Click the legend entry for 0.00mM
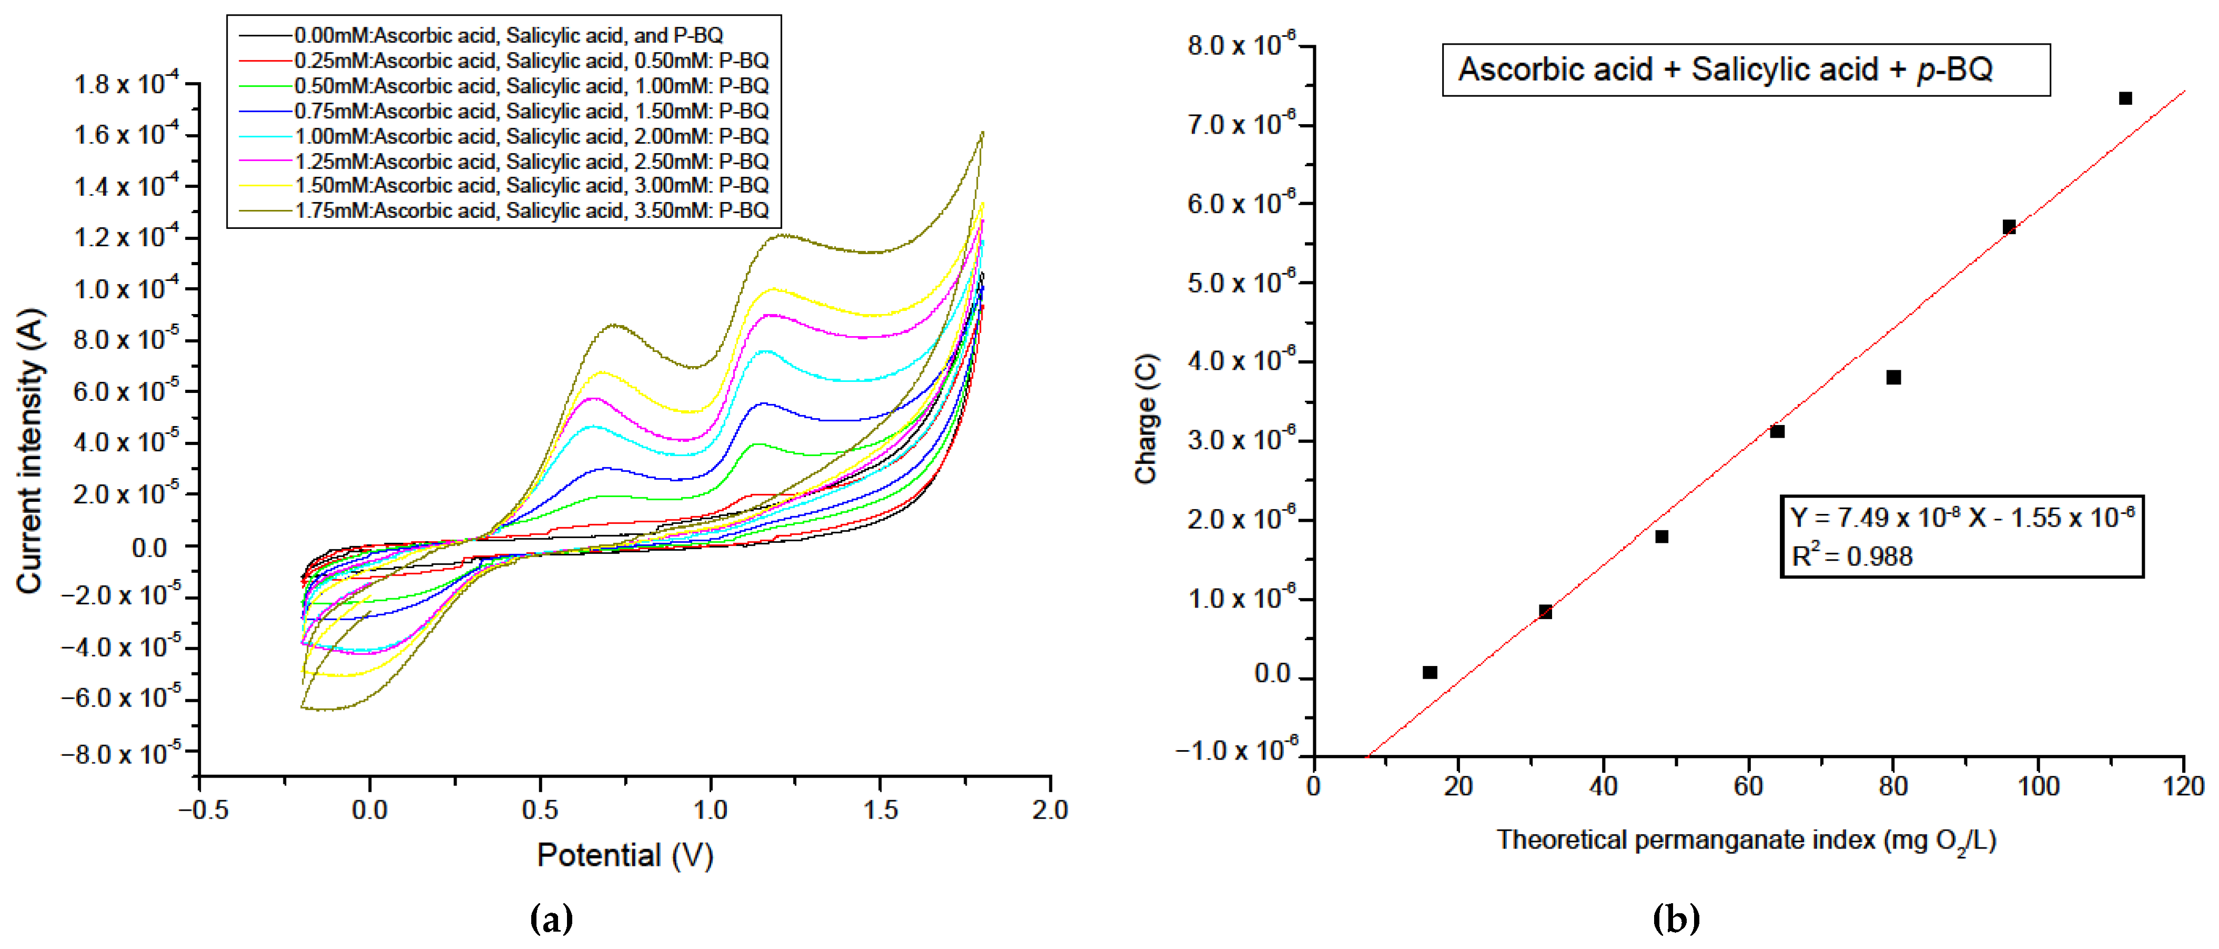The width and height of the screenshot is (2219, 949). [x=481, y=35]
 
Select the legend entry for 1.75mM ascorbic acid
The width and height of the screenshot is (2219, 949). [x=504, y=210]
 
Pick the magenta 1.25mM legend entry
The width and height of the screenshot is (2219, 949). [x=504, y=161]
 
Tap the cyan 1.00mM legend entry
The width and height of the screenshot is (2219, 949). [x=504, y=136]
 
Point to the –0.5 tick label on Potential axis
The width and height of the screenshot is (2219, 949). [x=204, y=810]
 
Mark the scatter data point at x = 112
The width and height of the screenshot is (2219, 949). [x=2125, y=98]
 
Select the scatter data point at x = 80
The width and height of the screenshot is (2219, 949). [x=1893, y=378]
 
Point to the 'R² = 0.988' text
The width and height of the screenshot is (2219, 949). [x=1852, y=556]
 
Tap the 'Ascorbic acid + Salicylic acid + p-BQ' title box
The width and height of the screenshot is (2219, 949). [x=1746, y=70]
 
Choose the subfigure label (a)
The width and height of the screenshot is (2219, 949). [x=551, y=919]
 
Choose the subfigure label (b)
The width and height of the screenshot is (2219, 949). [x=1676, y=919]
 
